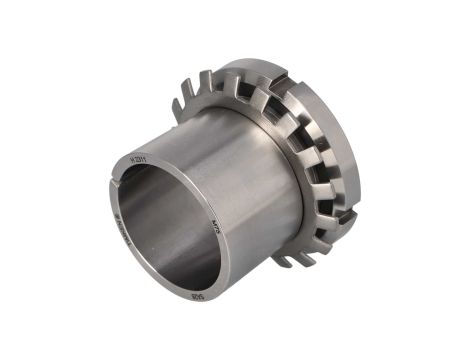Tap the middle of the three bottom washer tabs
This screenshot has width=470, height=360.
tap(306, 254)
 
